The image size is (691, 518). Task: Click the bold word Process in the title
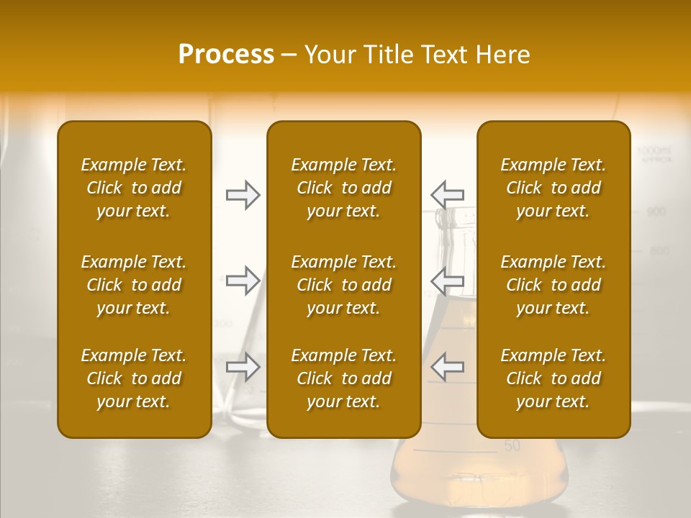(226, 55)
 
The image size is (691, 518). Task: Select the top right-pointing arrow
(243, 195)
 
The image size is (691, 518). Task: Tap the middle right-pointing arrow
(243, 281)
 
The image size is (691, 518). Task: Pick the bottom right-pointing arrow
(243, 367)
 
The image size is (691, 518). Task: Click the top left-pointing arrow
(447, 195)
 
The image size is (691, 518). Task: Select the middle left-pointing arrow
(447, 281)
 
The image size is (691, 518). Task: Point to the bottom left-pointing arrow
(447, 367)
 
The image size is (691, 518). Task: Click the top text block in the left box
(134, 188)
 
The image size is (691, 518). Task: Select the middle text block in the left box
(134, 285)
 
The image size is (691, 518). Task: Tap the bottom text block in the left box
(134, 378)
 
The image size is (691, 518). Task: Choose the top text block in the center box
(344, 188)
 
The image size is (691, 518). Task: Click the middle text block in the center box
(344, 285)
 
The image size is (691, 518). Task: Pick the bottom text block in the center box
(344, 378)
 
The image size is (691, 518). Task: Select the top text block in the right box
(554, 188)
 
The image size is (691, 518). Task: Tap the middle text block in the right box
(554, 285)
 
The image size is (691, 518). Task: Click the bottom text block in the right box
(554, 378)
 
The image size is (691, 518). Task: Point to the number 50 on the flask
(512, 446)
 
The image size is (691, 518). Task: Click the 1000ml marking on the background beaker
(654, 151)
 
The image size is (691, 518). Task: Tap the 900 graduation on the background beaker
(656, 212)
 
